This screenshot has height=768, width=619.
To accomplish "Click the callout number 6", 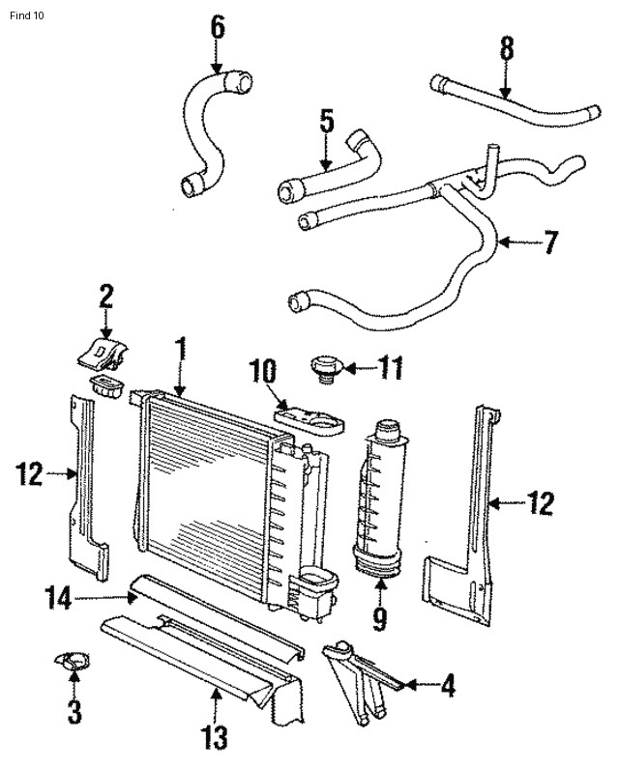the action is (218, 28).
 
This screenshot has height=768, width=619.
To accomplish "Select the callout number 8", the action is (507, 48).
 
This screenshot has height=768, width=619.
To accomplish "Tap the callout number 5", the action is (327, 121).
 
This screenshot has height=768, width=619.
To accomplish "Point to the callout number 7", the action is (551, 242).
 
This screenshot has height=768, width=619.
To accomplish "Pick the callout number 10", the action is (263, 371).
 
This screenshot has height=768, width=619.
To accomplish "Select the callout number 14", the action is (59, 598).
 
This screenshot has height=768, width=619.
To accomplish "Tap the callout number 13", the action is (215, 737).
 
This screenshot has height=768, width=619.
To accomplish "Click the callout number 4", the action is (448, 685).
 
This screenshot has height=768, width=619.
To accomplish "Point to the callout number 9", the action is (380, 618).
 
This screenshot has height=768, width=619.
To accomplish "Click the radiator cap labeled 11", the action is (325, 367).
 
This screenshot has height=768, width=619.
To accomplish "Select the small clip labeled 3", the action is (72, 660).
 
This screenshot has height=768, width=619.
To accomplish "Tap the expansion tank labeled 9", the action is (380, 498).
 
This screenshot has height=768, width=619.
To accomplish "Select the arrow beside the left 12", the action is (61, 473).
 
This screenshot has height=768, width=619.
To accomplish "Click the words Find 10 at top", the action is (26, 15).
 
